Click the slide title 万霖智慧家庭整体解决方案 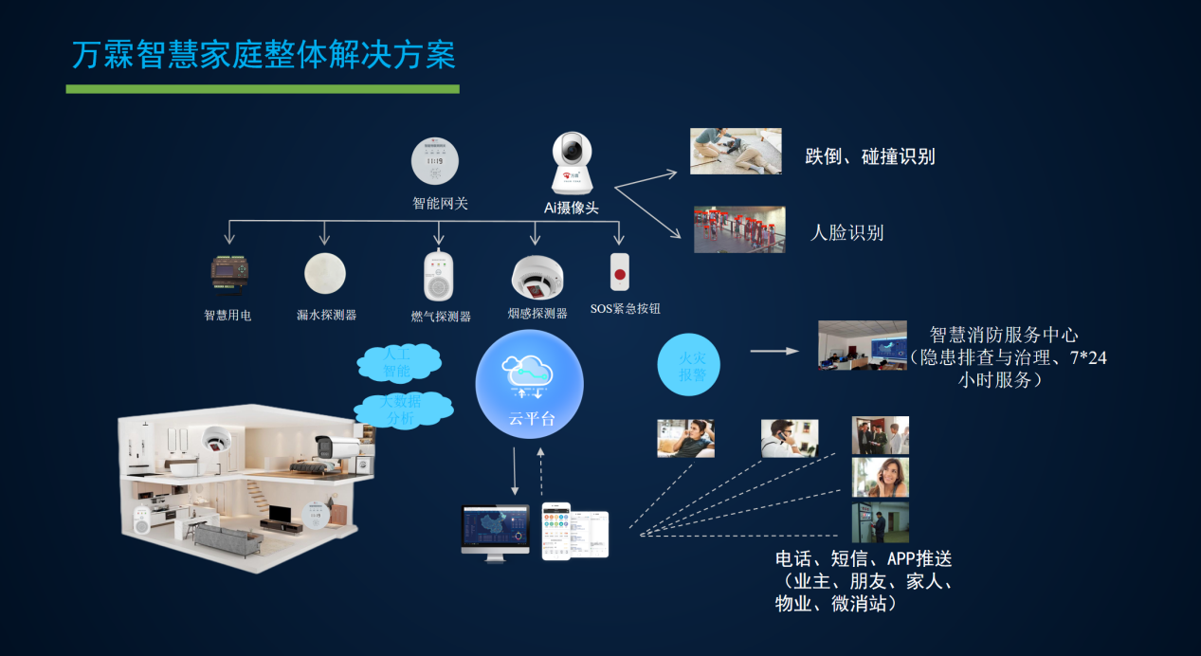pos(264,54)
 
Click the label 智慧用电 pos(227,315)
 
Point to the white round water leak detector pos(325,273)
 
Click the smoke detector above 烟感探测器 pos(537,277)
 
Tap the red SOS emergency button pos(621,272)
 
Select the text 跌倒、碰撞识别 pos(870,156)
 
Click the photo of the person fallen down pos(736,151)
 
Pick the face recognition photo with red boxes pos(739,229)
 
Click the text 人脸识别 pos(847,232)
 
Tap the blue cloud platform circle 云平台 pos(530,383)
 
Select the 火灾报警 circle pos(689,364)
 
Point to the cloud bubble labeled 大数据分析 pos(403,410)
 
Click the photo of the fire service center pos(863,345)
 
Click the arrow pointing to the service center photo pos(774,351)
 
